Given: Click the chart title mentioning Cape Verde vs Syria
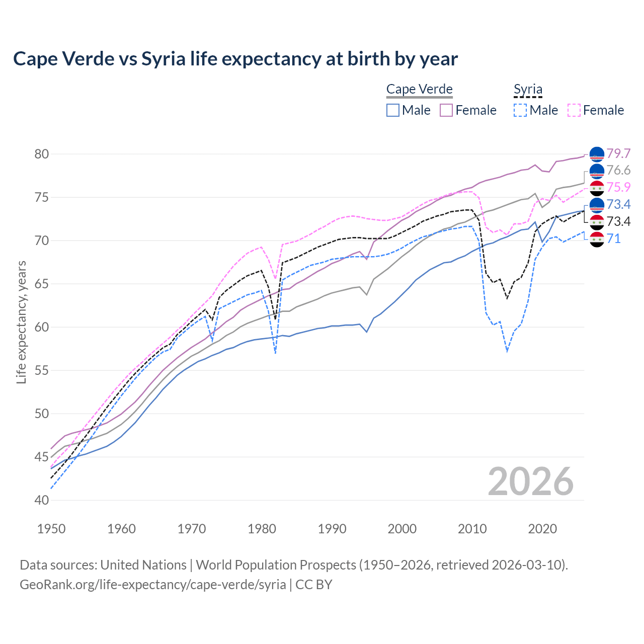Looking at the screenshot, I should coord(235,59).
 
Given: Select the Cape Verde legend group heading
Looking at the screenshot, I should coord(419,89).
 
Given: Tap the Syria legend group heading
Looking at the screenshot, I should coord(528,89).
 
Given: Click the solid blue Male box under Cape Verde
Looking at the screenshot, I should coord(393,110).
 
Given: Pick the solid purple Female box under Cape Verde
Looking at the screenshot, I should coord(447,110).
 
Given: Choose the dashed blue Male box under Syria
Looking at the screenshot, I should coord(520,110).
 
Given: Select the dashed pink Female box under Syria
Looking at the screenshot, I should coord(574,110).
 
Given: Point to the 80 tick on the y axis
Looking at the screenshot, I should coord(42,154).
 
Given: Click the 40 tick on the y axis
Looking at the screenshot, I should coord(42,500).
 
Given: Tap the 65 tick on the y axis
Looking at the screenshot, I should coord(42,284).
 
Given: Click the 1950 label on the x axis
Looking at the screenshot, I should coord(51,529).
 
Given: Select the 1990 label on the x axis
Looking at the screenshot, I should coord(332,529).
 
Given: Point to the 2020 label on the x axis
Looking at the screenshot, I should coord(542,529).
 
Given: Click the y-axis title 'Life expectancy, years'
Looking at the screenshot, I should coord(21,322).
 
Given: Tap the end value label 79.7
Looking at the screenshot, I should coord(618,153).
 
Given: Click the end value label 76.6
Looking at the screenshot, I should coord(618,171).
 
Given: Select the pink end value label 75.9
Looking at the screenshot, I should coord(618,187).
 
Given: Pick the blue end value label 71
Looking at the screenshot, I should coord(614,238).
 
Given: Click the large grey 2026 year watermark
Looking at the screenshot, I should coord(531,481).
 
